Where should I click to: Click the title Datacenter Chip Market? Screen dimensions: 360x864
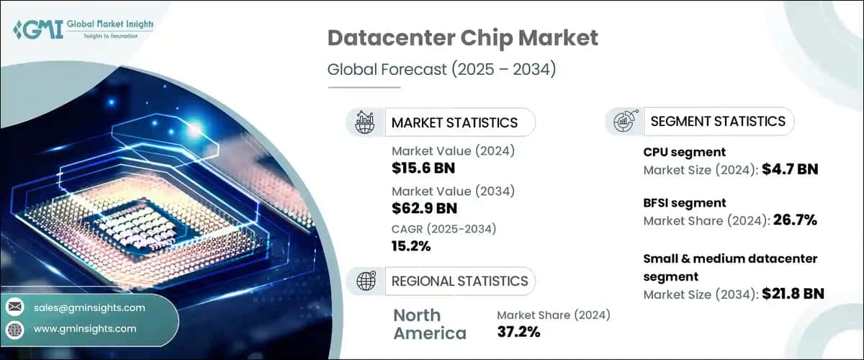462,37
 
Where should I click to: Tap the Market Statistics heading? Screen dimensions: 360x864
454,122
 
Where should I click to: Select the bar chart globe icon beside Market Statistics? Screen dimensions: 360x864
365,122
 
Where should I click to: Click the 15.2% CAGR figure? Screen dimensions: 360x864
411,246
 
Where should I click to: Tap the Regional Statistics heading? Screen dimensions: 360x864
459,281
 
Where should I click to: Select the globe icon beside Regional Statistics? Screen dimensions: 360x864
364,281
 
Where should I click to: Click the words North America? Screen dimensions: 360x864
430,324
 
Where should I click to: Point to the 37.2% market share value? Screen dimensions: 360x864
518,331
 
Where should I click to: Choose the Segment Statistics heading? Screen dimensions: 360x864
717,121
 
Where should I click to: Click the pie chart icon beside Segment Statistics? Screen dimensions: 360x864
624,121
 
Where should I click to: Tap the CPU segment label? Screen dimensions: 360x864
683,152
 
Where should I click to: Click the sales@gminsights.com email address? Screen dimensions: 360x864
89,307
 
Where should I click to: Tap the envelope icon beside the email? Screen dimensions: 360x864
16,307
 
